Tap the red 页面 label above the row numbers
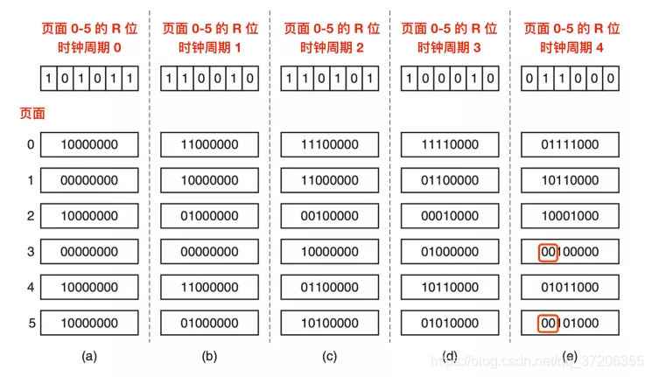pos(32,113)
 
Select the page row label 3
pos(31,252)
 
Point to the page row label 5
pos(31,324)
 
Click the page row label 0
pos(31,144)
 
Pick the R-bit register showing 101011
pos(88,80)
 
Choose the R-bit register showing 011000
pos(569,80)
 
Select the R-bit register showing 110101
pos(329,80)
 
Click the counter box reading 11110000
pos(449,144)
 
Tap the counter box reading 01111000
pos(569,144)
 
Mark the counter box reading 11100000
pos(329,144)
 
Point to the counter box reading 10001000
pos(569,216)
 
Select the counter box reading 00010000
pos(449,216)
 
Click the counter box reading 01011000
pos(569,288)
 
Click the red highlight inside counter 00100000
pos(549,252)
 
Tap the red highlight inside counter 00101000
pos(549,324)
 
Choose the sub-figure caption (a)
pos(88,356)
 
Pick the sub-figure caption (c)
pos(329,356)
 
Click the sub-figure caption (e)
pos(569,356)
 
